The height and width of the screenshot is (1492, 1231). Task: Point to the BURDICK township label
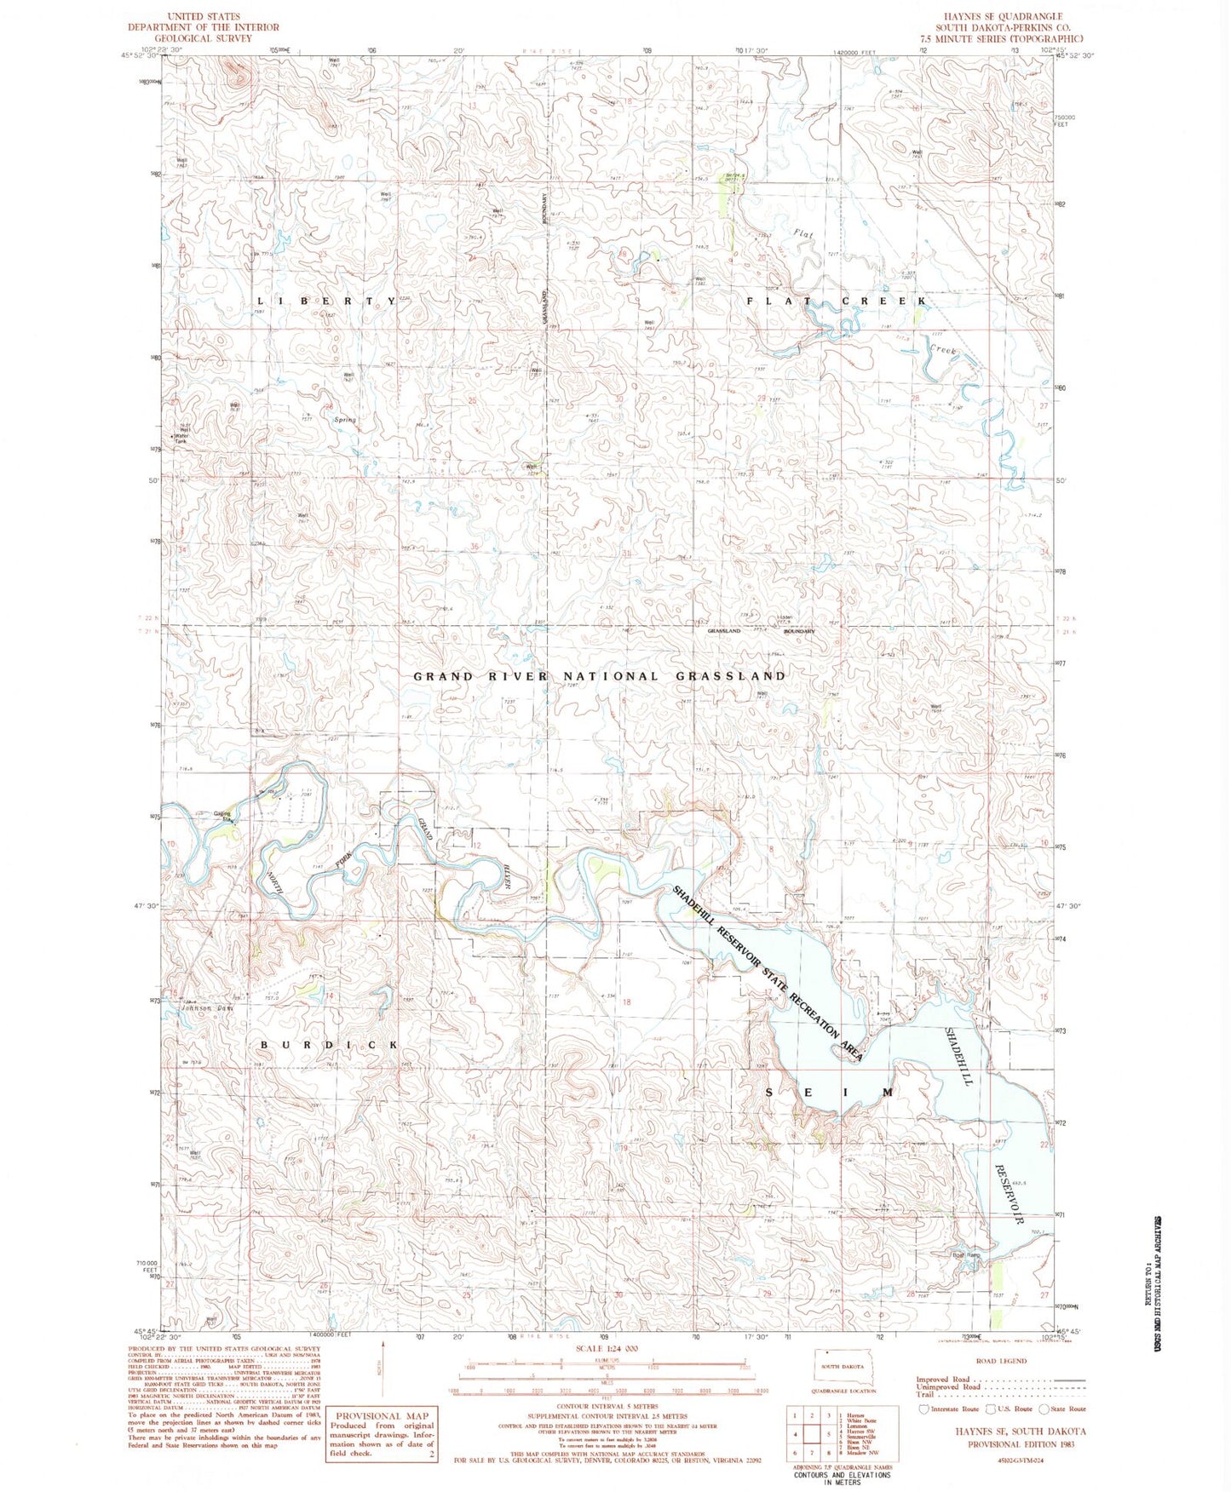329,1044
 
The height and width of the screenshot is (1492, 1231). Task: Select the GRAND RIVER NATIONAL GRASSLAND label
599,676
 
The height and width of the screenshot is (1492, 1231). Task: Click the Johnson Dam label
206,1008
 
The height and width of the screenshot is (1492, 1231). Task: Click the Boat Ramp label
966,1254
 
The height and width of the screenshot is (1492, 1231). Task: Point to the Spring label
345,420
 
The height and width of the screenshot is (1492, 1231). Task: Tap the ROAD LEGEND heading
1001,1362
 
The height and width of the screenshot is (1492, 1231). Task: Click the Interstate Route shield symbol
924,1409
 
